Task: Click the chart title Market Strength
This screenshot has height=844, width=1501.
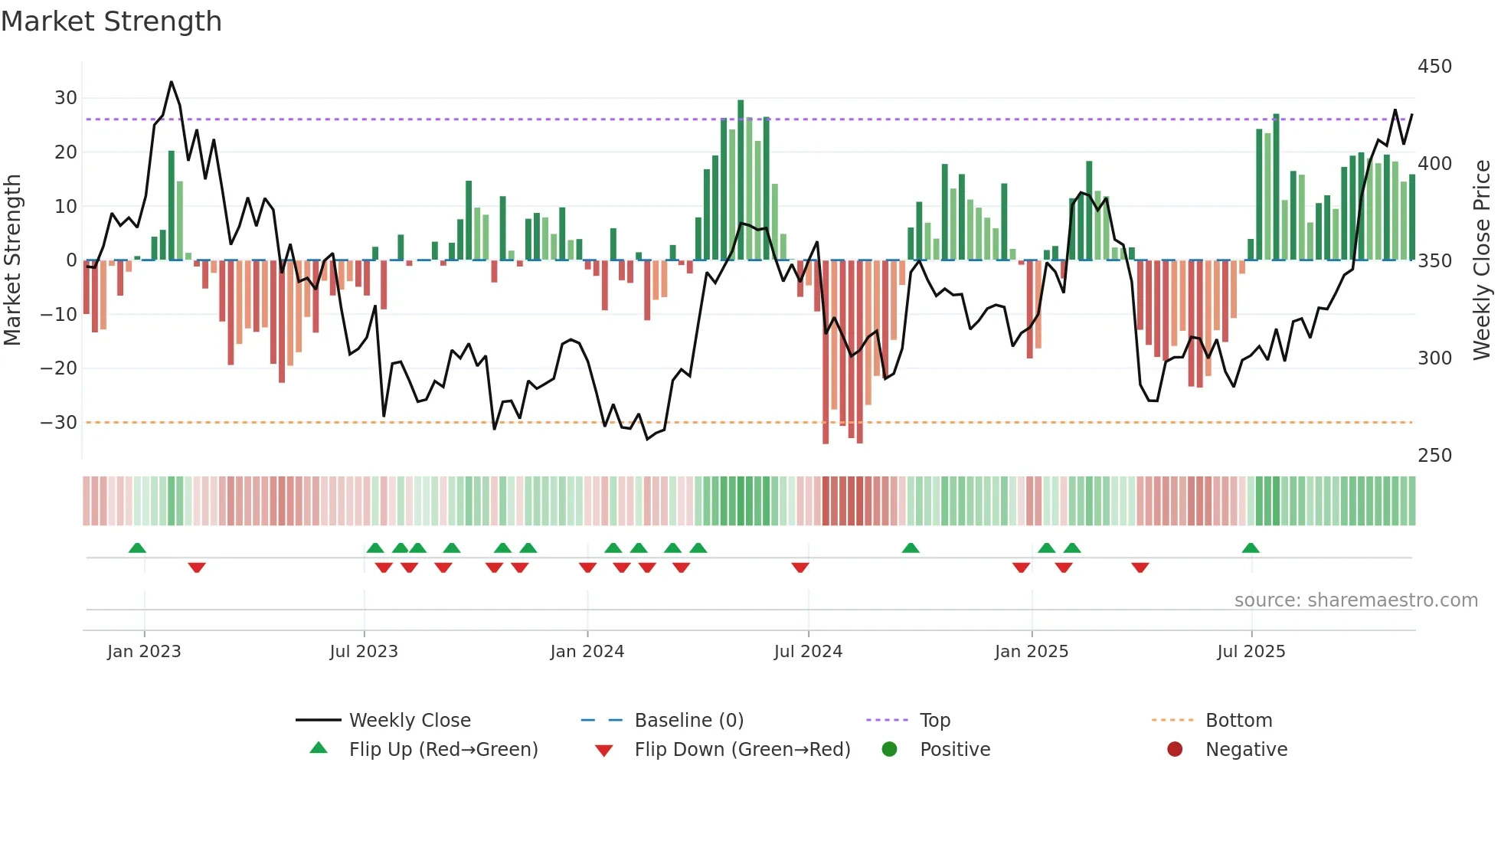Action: point(111,21)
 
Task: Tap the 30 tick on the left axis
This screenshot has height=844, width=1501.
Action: point(66,98)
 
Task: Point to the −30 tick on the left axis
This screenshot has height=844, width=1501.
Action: point(59,423)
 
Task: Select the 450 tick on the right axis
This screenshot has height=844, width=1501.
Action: point(1434,67)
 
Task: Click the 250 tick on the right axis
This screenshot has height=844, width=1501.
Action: point(1434,456)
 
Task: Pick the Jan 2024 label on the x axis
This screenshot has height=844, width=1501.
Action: point(587,652)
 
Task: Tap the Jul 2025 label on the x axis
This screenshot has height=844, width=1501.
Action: point(1251,652)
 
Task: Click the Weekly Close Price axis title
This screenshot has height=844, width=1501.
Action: point(1482,260)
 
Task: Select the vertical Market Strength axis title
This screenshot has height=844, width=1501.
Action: point(12,260)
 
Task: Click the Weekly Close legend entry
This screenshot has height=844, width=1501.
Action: point(410,721)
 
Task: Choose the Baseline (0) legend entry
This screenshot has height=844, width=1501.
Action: point(688,721)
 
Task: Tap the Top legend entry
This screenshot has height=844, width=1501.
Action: point(934,721)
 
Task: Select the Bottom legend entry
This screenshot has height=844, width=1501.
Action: point(1238,721)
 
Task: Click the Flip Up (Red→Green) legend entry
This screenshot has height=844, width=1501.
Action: point(443,750)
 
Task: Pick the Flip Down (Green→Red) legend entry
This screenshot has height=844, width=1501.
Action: point(741,750)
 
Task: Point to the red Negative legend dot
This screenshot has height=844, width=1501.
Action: point(1174,750)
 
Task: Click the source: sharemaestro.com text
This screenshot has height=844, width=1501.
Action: point(1355,600)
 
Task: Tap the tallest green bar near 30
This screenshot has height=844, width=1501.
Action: point(741,180)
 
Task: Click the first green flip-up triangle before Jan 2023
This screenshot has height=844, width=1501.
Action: point(137,548)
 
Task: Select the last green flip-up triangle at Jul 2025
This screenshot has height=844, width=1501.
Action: point(1251,548)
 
